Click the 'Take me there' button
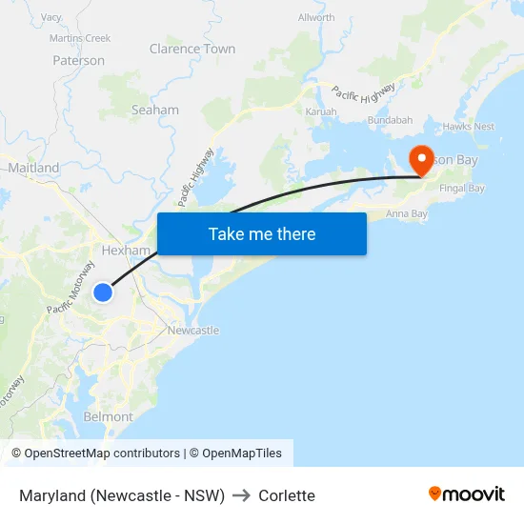tap(262, 233)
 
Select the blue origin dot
tap(103, 292)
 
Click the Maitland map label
tap(33, 168)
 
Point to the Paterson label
tap(78, 60)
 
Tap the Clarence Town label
tap(192, 49)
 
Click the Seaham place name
tap(154, 110)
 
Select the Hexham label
tap(126, 251)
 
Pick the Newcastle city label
tap(192, 331)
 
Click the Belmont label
tap(109, 416)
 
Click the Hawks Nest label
tap(469, 126)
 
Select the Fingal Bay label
tap(462, 189)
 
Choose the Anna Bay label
tap(406, 213)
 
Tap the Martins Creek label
tap(80, 38)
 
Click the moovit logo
tap(466, 494)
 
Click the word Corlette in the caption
tap(286, 495)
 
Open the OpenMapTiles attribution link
tap(242, 453)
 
